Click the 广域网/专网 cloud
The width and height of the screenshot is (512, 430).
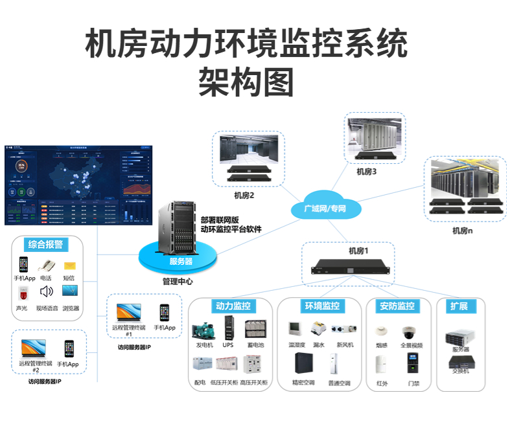325,208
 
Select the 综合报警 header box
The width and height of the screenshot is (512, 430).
45,244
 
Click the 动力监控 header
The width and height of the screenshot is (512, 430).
232,306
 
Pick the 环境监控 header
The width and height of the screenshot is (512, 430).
321,306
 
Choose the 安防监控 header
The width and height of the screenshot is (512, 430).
397,306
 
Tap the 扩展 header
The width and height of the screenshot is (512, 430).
459,306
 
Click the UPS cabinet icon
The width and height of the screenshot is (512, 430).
228,327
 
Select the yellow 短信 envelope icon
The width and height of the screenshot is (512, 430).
69,266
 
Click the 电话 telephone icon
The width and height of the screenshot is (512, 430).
47,265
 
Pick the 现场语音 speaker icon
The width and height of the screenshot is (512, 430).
46,291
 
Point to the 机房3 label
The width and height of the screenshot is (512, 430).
367,172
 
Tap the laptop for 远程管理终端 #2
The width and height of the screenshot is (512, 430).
32,348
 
